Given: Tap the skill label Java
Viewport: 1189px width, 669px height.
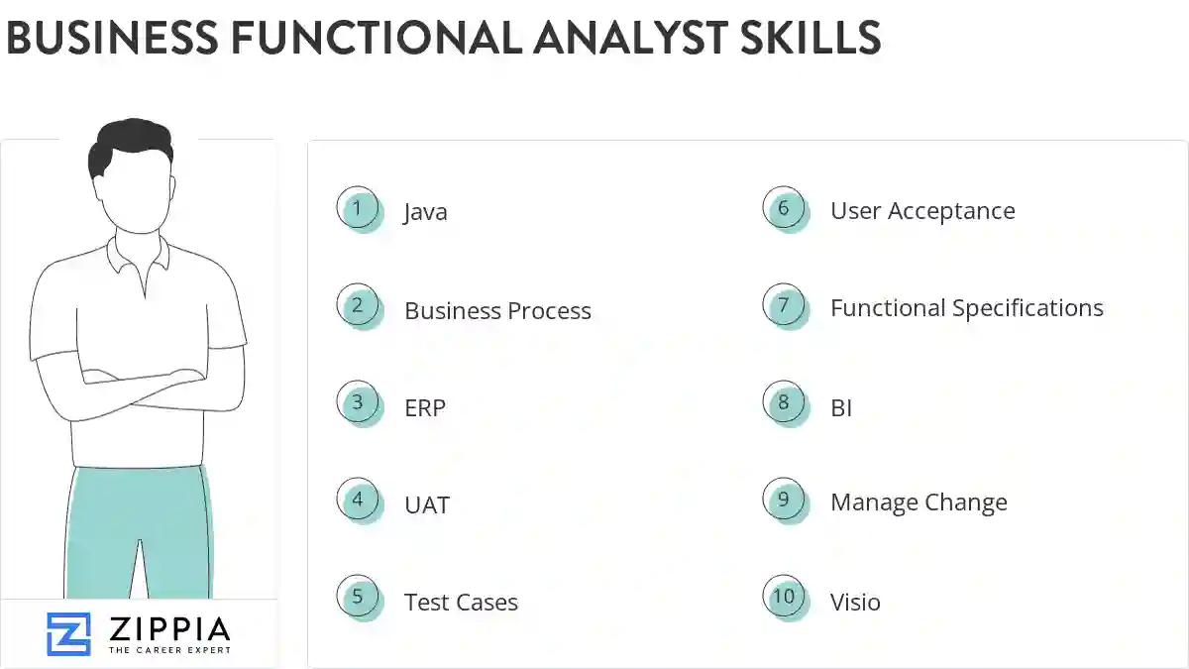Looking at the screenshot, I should [x=425, y=212].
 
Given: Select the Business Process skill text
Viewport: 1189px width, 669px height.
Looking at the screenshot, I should [x=497, y=310].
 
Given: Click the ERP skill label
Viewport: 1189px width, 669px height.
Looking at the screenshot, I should [x=425, y=407].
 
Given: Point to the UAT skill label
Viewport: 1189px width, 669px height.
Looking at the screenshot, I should [x=427, y=504].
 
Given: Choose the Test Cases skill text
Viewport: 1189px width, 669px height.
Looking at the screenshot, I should [x=461, y=602].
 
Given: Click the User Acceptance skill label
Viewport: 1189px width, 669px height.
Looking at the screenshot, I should [x=922, y=211].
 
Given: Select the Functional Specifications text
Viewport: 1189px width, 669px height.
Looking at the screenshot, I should [x=966, y=308].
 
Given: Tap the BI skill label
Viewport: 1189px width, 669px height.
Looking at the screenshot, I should [x=841, y=407].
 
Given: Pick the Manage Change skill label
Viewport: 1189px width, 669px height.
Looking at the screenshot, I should [x=919, y=502].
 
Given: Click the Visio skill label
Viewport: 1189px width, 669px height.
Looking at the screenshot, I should [x=855, y=602].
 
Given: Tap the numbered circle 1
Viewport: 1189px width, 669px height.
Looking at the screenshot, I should [x=358, y=208].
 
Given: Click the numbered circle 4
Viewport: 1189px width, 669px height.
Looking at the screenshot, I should [x=358, y=501].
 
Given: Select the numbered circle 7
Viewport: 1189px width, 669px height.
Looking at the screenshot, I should [x=784, y=305].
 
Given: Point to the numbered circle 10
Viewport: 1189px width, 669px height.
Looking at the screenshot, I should [x=784, y=597].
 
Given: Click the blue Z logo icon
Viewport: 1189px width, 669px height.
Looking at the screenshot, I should [x=68, y=633].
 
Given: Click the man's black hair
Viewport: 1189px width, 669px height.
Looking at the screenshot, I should [x=129, y=146].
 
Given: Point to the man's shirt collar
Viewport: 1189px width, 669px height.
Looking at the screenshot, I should [x=138, y=255].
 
